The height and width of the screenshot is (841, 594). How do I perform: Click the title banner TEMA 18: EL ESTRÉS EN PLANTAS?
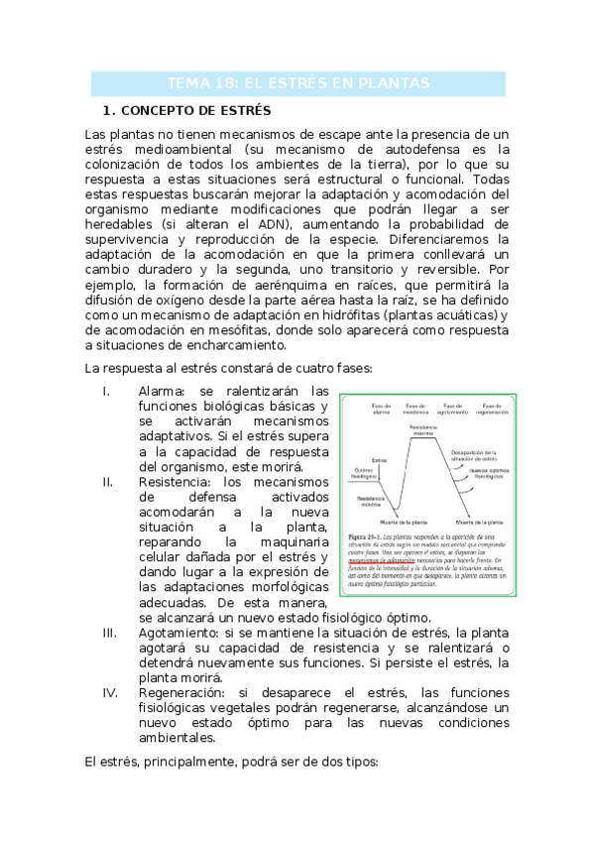297,82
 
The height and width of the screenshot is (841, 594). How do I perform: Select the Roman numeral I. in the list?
106,391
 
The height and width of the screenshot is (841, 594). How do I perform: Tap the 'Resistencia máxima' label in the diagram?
421,430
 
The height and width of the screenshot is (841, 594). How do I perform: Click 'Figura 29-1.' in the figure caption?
359,536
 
